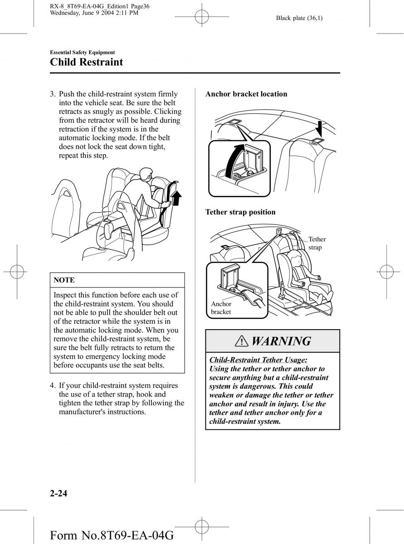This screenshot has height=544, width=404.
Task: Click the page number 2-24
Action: (58, 494)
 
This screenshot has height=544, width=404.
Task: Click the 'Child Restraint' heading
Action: (86, 62)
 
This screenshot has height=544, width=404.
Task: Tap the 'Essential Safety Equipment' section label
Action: (82, 53)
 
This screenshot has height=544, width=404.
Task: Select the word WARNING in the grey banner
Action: (281, 341)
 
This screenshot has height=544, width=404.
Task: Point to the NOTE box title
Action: (64, 280)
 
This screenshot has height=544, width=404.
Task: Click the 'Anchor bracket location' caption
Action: (246, 94)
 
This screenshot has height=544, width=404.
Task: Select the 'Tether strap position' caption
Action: (240, 212)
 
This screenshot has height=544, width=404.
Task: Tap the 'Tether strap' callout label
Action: (317, 243)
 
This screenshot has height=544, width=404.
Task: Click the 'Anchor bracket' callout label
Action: (221, 308)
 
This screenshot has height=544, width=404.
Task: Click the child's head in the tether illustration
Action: (295, 259)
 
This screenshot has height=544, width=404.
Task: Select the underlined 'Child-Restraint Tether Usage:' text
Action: (258, 360)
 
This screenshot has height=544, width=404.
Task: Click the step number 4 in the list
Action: (53, 385)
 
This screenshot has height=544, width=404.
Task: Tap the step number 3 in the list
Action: (53, 94)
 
